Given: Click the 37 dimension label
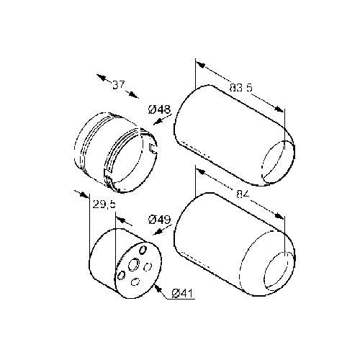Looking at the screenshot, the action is [119, 85].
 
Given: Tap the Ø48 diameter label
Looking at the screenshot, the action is [159, 109].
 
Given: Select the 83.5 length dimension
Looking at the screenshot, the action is [240, 87].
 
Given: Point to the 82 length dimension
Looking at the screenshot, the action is [242, 194].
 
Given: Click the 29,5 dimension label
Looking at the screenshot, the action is [104, 204].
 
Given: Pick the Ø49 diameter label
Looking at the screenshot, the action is [159, 220].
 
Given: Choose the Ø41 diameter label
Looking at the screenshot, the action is [183, 293].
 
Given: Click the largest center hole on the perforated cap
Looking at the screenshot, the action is [133, 264].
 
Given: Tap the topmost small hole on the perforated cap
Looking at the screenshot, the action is [143, 250].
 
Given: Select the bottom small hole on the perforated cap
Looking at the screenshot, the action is [135, 282].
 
